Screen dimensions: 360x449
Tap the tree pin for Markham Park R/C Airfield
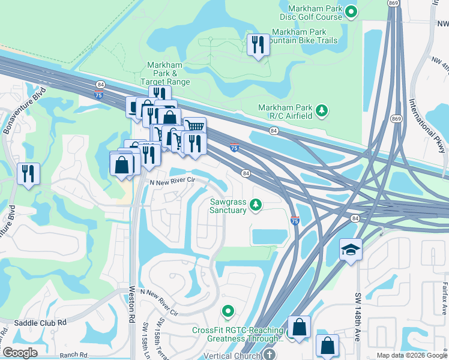click(322, 110)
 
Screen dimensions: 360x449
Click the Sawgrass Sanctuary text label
click(228, 206)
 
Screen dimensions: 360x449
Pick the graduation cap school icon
click(350, 249)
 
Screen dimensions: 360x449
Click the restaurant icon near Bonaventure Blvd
click(28, 173)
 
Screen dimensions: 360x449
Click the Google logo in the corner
click(20, 353)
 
